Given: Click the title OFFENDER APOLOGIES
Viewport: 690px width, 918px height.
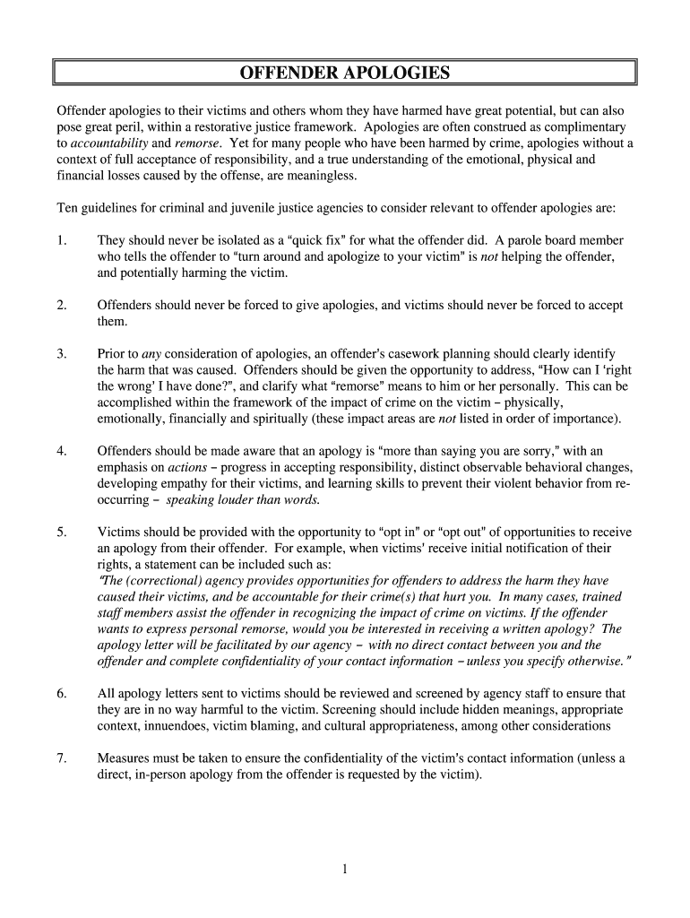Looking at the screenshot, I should pyautogui.click(x=345, y=73).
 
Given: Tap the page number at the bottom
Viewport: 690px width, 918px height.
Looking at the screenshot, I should pyautogui.click(x=344, y=868).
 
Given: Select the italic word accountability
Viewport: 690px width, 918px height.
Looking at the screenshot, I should pyautogui.click(x=108, y=143).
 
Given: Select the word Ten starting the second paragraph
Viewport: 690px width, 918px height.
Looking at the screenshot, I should pyautogui.click(x=69, y=208).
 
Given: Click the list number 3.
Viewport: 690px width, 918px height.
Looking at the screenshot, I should pyautogui.click(x=61, y=354).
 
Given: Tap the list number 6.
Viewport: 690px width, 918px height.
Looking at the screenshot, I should pyautogui.click(x=61, y=694).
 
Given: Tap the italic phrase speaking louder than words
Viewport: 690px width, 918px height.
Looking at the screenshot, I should pyautogui.click(x=243, y=499).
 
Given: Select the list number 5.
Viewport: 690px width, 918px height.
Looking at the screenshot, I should pyautogui.click(x=61, y=532).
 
